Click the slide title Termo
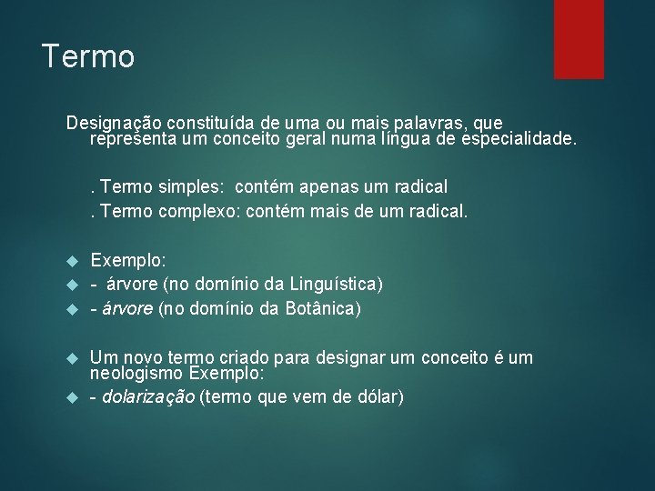88,57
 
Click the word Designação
112,123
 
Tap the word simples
193,187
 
